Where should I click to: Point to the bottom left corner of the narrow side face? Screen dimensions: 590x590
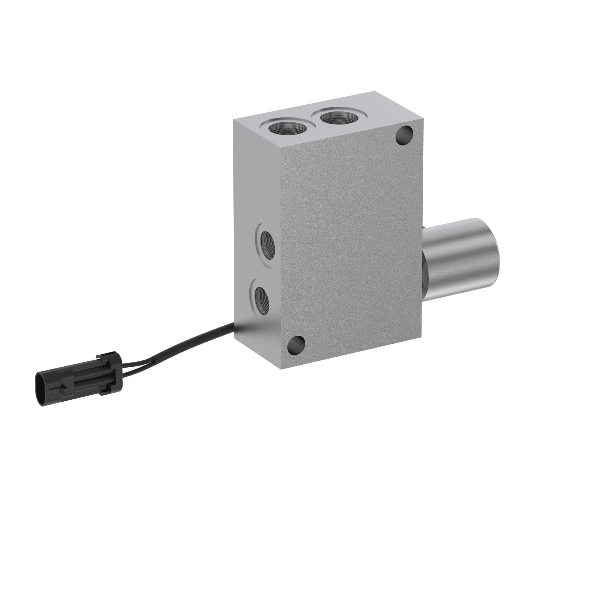(x=234, y=339)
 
